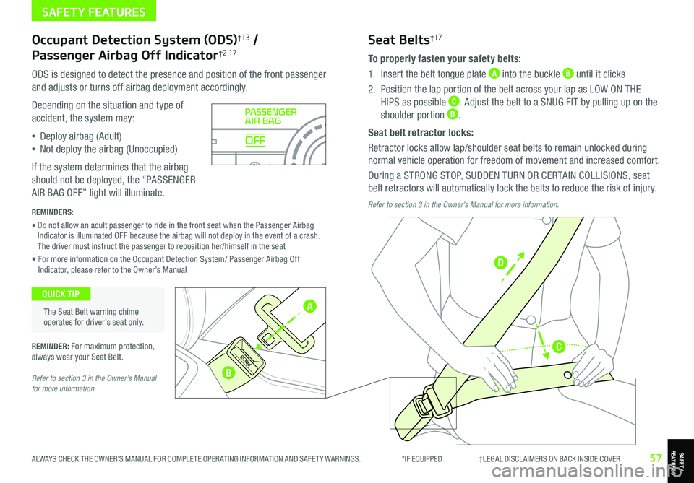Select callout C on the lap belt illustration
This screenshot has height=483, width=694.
tap(558, 347)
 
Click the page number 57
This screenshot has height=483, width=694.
tap(656, 458)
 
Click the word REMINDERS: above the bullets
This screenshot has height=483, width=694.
tap(53, 214)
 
